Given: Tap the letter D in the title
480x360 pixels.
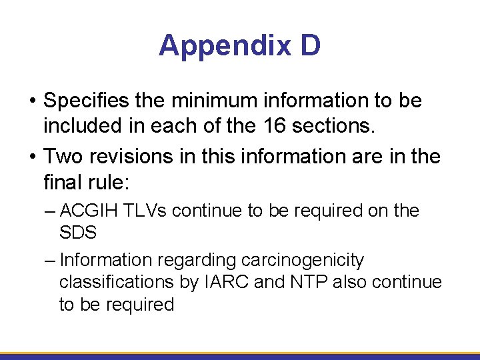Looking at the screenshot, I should [310, 46].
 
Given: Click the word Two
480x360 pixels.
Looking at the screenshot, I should [61, 157].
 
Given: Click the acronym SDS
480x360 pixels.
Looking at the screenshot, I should [78, 233].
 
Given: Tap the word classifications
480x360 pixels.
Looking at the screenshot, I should [117, 283].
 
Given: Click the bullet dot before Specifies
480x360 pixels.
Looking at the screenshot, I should [33, 102].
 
